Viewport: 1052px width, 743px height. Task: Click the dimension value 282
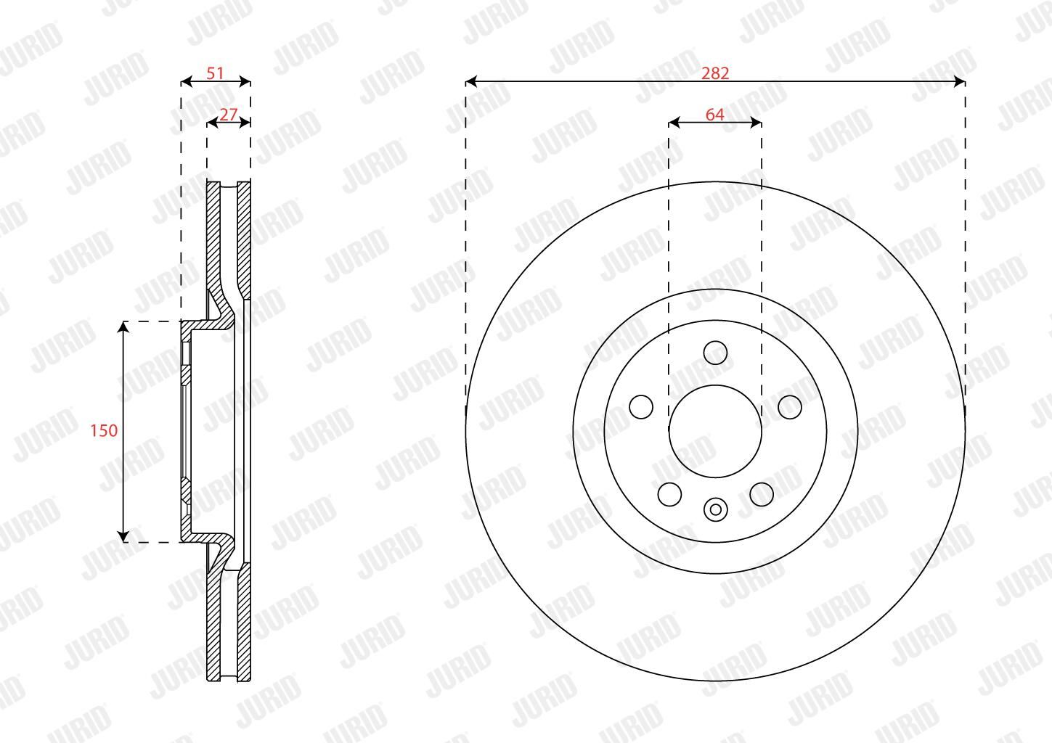pos(715,73)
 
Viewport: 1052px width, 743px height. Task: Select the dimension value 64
pos(715,115)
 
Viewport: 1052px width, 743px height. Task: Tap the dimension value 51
pos(215,73)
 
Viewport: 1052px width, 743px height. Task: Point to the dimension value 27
pos(229,115)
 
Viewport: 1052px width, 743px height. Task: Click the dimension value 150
pos(104,430)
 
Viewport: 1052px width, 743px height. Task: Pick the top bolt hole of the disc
pos(715,353)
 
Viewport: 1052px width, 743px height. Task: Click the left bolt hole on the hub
pos(640,406)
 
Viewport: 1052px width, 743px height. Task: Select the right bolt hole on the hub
pos(790,406)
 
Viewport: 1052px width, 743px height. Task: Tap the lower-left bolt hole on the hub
pos(669,494)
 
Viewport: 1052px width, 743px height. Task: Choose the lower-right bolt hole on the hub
pos(762,494)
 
